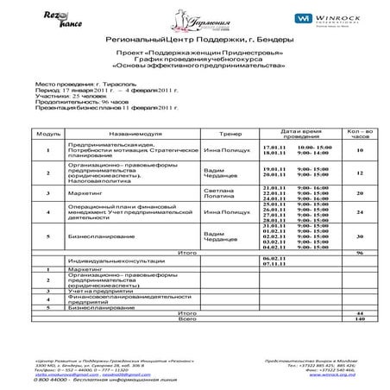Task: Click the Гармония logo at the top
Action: coord(195,16)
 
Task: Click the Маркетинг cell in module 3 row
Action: coord(85,192)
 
